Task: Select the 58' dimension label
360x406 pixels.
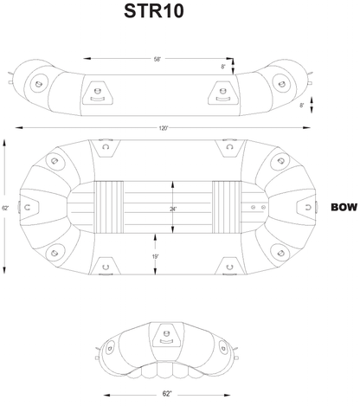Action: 157,60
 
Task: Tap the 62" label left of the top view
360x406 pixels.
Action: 7,209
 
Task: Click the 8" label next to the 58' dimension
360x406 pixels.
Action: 223,66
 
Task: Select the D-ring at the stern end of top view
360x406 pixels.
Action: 29,208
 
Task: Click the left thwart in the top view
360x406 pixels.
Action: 108,208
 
